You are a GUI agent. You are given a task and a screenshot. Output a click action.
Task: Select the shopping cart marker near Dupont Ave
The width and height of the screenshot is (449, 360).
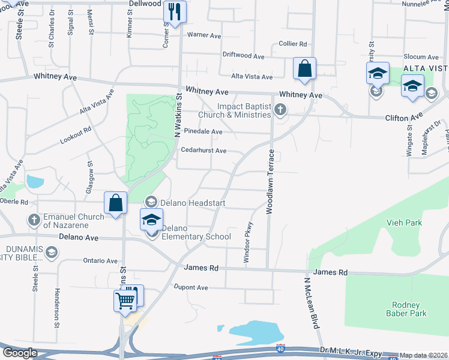(x=125, y=300)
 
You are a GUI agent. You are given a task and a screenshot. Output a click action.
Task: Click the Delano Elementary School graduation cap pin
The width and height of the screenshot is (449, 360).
(x=152, y=221)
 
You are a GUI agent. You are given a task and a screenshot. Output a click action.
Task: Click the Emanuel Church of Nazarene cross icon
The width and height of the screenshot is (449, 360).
(x=34, y=220)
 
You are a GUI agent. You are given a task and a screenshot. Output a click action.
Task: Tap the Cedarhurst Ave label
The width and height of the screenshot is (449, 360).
(x=203, y=151)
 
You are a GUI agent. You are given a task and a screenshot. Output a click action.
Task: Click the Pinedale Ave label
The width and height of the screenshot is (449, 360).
(x=203, y=131)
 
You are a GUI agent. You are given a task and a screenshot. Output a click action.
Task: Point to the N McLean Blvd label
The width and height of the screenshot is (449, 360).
(x=313, y=303)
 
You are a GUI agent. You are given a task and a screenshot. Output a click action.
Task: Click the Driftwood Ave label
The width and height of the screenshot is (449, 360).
(x=244, y=56)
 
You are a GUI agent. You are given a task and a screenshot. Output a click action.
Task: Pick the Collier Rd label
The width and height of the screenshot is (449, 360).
(x=293, y=44)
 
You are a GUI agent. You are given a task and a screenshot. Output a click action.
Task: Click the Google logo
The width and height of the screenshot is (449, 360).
(x=20, y=353)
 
